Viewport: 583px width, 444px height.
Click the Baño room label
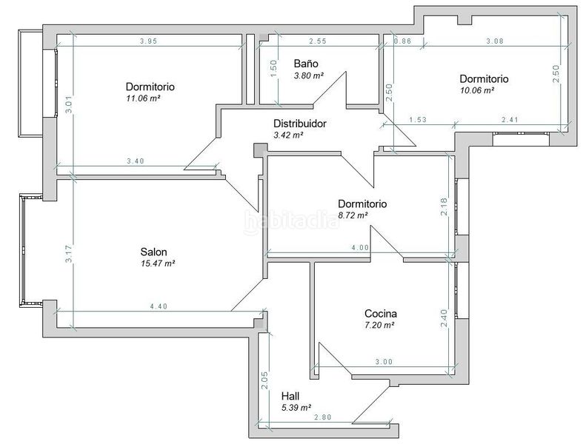pos(306,64)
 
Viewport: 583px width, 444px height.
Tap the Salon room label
pos(153,252)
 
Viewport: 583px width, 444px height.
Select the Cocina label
pos(381,313)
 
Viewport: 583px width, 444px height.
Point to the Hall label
pos(290,396)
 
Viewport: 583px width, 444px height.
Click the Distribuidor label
pos(300,124)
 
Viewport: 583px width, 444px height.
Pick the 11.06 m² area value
pos(143,98)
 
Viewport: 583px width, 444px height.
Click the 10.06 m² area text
pos(477,90)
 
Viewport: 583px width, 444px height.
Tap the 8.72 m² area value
pos(353,215)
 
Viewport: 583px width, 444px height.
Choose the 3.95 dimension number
pos(148,41)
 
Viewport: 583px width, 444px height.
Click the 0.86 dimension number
pos(403,41)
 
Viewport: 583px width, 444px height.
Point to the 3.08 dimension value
pos(495,41)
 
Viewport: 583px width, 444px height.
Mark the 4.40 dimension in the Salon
pos(159,306)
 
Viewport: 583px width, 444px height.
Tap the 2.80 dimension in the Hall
pos(322,417)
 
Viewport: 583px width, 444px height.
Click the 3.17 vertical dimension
pos(69,254)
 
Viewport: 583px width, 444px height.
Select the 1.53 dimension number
pos(418,120)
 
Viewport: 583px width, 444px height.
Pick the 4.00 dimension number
pos(360,248)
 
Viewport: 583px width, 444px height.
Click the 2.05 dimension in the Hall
pos(264,380)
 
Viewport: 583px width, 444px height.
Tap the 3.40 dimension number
pos(136,161)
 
